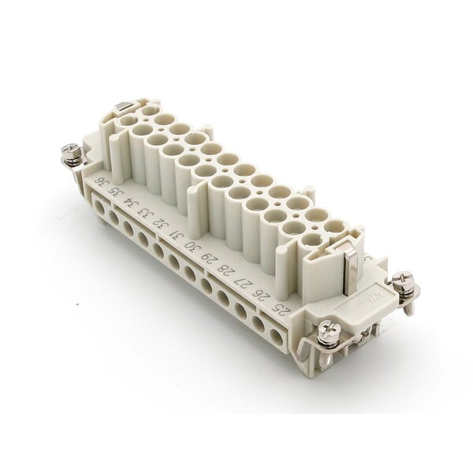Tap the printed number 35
(x=116, y=193)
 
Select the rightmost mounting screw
(x=405, y=281)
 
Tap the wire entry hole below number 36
(x=97, y=204)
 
